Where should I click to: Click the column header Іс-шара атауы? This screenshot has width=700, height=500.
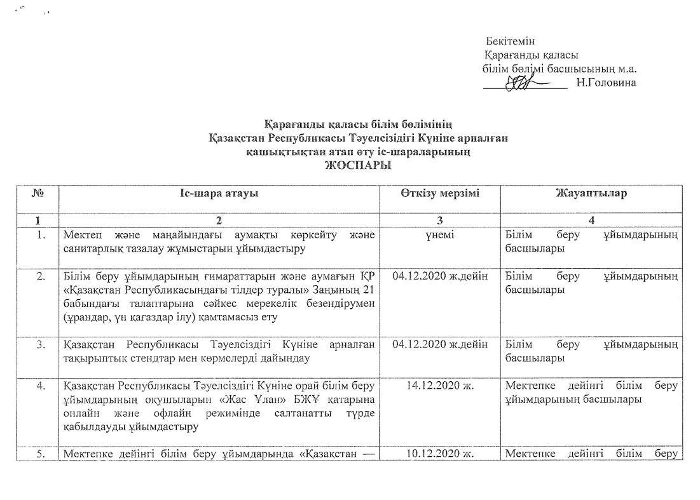point(219,193)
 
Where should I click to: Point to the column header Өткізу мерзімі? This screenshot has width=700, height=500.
point(440,193)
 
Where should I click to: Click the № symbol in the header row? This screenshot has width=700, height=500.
point(38,193)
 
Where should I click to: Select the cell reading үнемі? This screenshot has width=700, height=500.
point(440,236)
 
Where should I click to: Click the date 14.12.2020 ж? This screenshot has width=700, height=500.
point(440,385)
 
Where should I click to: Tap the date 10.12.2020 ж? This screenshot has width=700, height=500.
point(440,454)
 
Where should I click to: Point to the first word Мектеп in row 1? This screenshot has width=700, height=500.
point(81,236)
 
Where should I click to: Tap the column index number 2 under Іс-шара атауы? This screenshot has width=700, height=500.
point(219,220)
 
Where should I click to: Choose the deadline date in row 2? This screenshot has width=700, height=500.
point(440,276)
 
